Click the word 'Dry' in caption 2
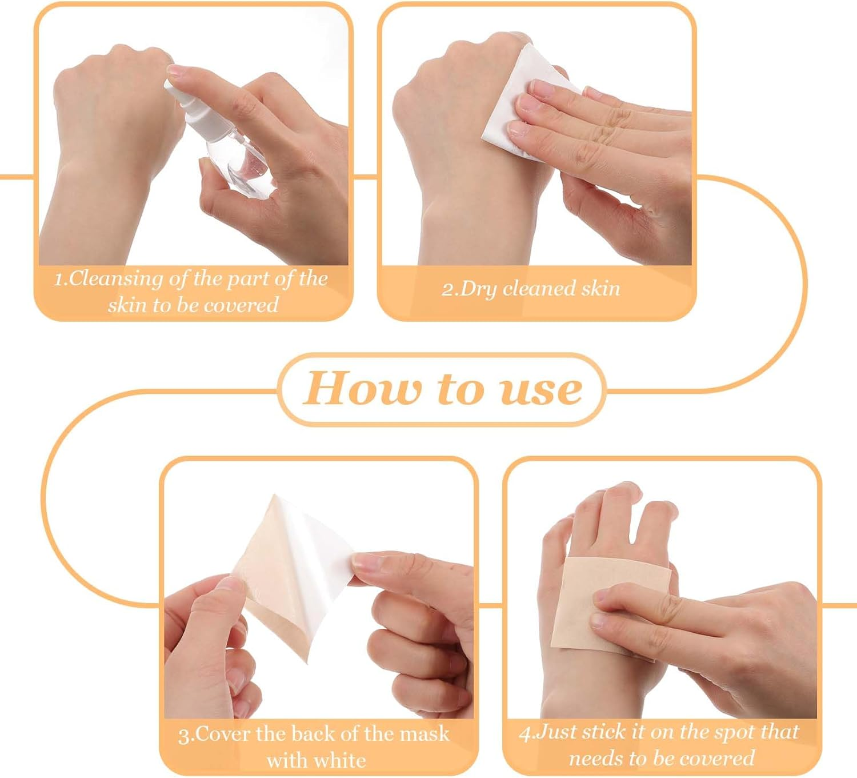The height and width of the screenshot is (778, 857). coord(478,289)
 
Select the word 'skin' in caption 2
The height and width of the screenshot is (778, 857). coord(600,289)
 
